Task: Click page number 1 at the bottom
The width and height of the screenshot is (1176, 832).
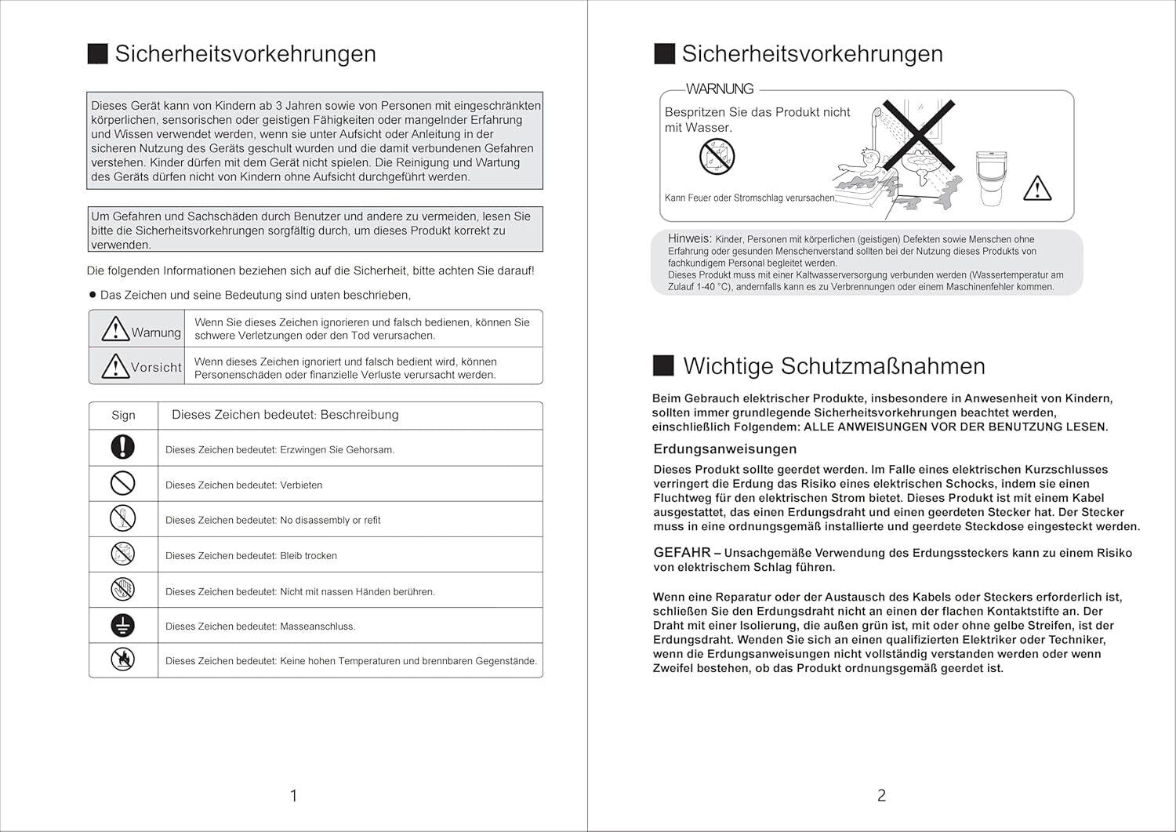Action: pyautogui.click(x=293, y=796)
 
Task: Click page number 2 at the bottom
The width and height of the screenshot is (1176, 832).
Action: pyautogui.click(x=881, y=796)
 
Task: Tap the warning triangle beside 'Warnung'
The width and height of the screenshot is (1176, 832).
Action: pyautogui.click(x=115, y=329)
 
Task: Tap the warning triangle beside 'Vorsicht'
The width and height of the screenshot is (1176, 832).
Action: pyautogui.click(x=115, y=365)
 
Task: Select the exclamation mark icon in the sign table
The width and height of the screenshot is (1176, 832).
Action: pyautogui.click(x=123, y=447)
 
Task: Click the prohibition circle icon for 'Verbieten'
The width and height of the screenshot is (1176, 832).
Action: pyautogui.click(x=123, y=483)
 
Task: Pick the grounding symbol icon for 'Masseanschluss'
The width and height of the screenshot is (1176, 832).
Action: pyautogui.click(x=123, y=625)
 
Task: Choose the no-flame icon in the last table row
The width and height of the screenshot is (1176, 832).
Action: pyautogui.click(x=123, y=659)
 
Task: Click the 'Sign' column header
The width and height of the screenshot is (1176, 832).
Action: pyautogui.click(x=123, y=415)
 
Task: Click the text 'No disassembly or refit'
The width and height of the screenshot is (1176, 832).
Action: pyautogui.click(x=330, y=521)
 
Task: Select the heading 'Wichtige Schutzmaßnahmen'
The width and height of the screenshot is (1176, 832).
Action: pyautogui.click(x=833, y=366)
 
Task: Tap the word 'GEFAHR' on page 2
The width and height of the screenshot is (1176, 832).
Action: pyautogui.click(x=681, y=553)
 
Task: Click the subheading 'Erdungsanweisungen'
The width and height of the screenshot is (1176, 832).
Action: pyautogui.click(x=724, y=449)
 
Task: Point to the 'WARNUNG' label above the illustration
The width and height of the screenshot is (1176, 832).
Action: pyautogui.click(x=719, y=89)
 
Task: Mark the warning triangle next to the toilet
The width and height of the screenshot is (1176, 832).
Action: pyautogui.click(x=1037, y=188)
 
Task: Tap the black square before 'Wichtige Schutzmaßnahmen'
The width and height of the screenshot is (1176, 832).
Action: pyautogui.click(x=663, y=365)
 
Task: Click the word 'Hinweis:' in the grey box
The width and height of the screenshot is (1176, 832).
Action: pyautogui.click(x=689, y=238)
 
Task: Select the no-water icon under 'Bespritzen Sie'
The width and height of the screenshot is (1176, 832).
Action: pyautogui.click(x=717, y=156)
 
